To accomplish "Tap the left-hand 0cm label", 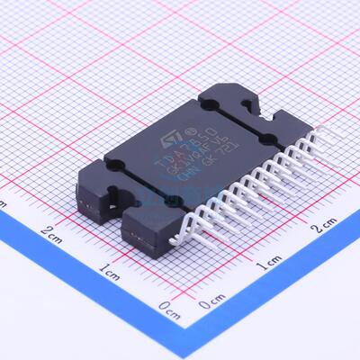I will (x=168, y=306).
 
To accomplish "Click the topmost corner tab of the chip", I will (x=221, y=98).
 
